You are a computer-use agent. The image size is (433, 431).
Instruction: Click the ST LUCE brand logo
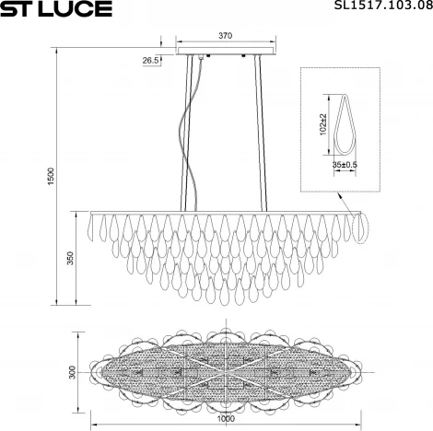[x=57, y=10]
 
